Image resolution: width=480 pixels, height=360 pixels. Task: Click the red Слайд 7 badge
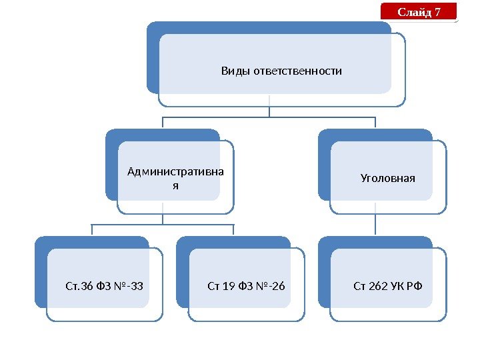click(x=419, y=12)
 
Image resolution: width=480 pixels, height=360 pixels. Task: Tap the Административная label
click(x=175, y=173)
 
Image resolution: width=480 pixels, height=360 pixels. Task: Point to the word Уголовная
click(x=387, y=179)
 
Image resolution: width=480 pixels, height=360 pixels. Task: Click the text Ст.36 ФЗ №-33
click(x=104, y=287)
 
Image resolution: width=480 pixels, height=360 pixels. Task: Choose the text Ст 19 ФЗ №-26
click(x=246, y=287)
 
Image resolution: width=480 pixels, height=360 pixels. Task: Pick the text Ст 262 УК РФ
click(x=387, y=287)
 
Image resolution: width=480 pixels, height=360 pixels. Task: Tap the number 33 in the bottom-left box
click(x=137, y=287)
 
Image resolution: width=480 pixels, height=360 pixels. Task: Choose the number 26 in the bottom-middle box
click(x=278, y=287)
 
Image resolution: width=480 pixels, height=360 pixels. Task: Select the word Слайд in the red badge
click(x=414, y=12)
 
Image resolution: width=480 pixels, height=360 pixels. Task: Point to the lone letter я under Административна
click(x=175, y=185)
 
